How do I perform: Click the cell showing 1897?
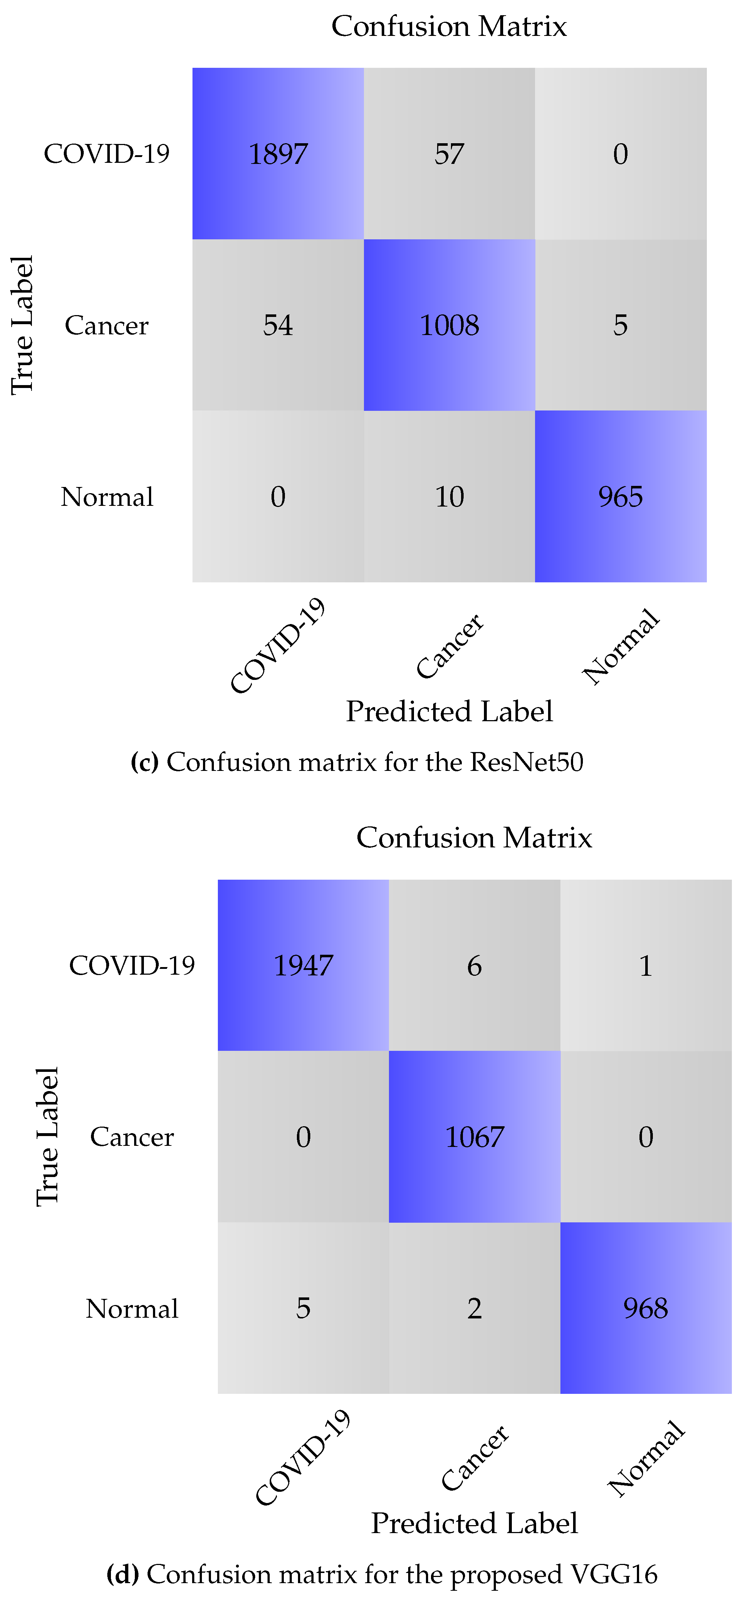click(x=278, y=154)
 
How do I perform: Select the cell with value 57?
click(x=449, y=154)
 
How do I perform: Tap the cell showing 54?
click(x=278, y=325)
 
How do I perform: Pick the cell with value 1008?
click(x=449, y=325)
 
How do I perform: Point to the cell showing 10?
click(x=449, y=496)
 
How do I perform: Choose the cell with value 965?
click(x=620, y=496)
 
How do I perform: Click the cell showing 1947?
click(x=303, y=965)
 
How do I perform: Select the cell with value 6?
click(x=475, y=965)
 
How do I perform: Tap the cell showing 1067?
click(x=475, y=1136)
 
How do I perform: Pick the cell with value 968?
click(x=646, y=1308)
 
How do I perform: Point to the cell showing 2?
click(x=475, y=1308)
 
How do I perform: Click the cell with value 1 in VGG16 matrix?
click(x=646, y=965)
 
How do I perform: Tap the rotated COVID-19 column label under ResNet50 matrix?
click(x=278, y=645)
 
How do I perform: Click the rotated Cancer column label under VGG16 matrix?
click(x=475, y=1458)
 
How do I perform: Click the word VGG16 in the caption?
click(x=614, y=1574)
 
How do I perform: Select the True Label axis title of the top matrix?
click(x=22, y=325)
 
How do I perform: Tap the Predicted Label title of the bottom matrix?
click(x=475, y=1523)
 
